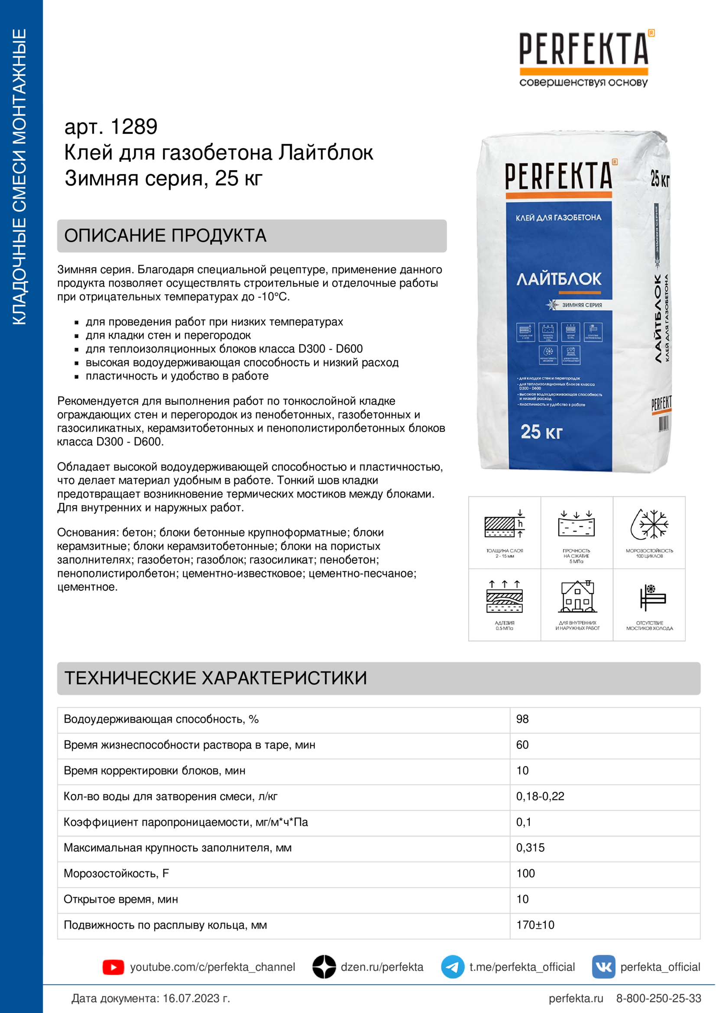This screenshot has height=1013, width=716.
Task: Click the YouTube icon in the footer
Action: [x=113, y=967]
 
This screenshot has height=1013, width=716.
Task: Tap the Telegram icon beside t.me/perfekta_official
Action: [x=452, y=967]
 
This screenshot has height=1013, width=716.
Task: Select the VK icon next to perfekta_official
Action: [x=603, y=967]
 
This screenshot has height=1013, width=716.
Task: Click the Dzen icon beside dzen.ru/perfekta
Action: [x=324, y=967]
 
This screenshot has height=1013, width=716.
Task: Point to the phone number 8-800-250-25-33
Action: [x=658, y=998]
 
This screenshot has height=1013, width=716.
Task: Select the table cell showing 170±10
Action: [x=535, y=925]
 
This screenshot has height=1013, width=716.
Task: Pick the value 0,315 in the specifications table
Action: [x=530, y=848]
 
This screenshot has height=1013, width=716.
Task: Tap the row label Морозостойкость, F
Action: [x=117, y=874]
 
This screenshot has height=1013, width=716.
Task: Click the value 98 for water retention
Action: [x=522, y=719]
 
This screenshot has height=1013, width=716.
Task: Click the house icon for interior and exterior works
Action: [x=577, y=597]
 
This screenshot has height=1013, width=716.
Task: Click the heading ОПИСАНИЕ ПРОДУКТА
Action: [x=165, y=236]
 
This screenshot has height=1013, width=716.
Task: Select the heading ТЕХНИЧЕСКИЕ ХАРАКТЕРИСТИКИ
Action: [x=216, y=678]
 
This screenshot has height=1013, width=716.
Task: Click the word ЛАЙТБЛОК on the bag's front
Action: [x=559, y=279]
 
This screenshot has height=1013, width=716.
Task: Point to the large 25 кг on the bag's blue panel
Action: [x=541, y=432]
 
